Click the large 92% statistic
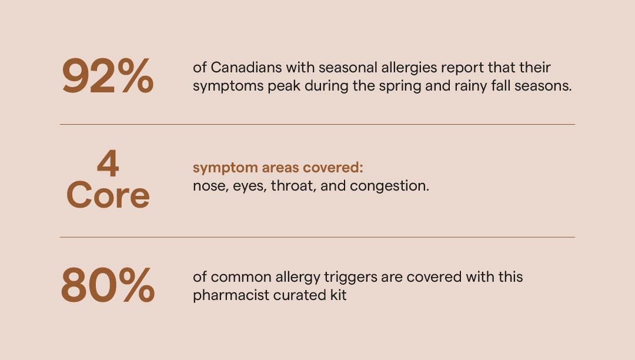(x=108, y=76)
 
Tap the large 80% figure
(x=108, y=285)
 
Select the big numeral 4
(x=108, y=164)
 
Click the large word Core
(x=108, y=195)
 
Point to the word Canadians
(x=246, y=67)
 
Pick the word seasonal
(x=348, y=67)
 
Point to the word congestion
(x=389, y=186)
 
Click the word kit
(x=338, y=295)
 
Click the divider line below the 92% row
(x=317, y=124)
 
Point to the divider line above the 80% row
(x=317, y=237)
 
